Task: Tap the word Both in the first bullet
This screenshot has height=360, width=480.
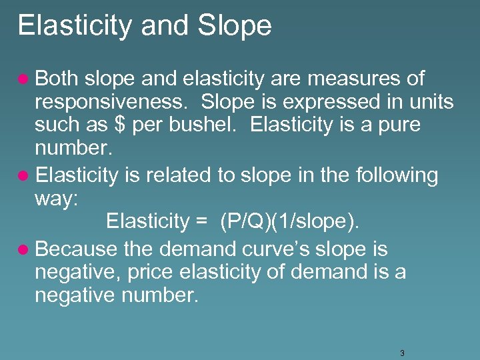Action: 56,79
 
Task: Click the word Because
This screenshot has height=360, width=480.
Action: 79,249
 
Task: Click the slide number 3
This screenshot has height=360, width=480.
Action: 402,353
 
